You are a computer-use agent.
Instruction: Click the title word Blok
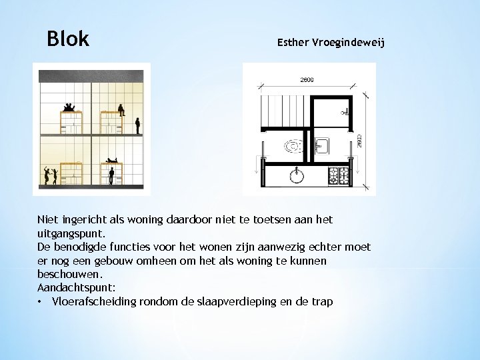(x=68, y=39)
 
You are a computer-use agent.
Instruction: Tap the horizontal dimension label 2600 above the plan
(x=307, y=80)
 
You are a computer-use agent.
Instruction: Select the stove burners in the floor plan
(x=338, y=175)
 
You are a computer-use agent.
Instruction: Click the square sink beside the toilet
(x=320, y=145)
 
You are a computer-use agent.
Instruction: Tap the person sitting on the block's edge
(x=121, y=109)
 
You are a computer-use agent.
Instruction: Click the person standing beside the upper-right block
(x=137, y=125)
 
